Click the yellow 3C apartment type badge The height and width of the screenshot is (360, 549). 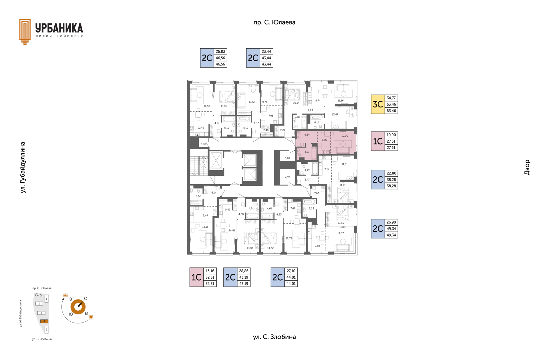pos(378,104)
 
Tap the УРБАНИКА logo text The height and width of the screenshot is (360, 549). pos(59,28)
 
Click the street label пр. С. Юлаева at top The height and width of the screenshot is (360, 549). pos(274,22)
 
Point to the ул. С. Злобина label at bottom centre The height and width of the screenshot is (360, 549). pos(274,337)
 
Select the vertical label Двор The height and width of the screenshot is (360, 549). pos(527,167)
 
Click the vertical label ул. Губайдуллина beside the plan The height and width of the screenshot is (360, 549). pos(23,167)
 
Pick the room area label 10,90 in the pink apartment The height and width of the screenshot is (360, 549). pos(345,136)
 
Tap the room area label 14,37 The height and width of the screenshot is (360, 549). pos(340,233)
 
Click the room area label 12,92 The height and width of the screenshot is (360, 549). pos(207,106)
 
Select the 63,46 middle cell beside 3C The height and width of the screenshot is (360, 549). pos(391,104)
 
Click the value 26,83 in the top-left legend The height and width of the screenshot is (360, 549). pos(220,51)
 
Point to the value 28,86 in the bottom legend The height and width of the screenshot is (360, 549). pos(244,271)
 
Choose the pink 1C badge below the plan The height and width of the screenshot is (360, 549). pos(196,277)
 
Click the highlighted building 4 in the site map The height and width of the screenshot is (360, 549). pos(44,321)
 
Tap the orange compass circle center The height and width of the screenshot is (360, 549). pos(78,307)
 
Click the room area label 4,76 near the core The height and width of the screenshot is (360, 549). pos(287,177)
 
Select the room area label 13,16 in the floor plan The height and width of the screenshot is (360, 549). pos(205,227)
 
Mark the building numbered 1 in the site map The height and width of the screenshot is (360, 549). pos(46,299)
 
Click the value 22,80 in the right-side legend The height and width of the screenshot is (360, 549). pos(391,173)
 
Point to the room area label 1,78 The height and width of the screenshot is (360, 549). pos(203,144)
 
